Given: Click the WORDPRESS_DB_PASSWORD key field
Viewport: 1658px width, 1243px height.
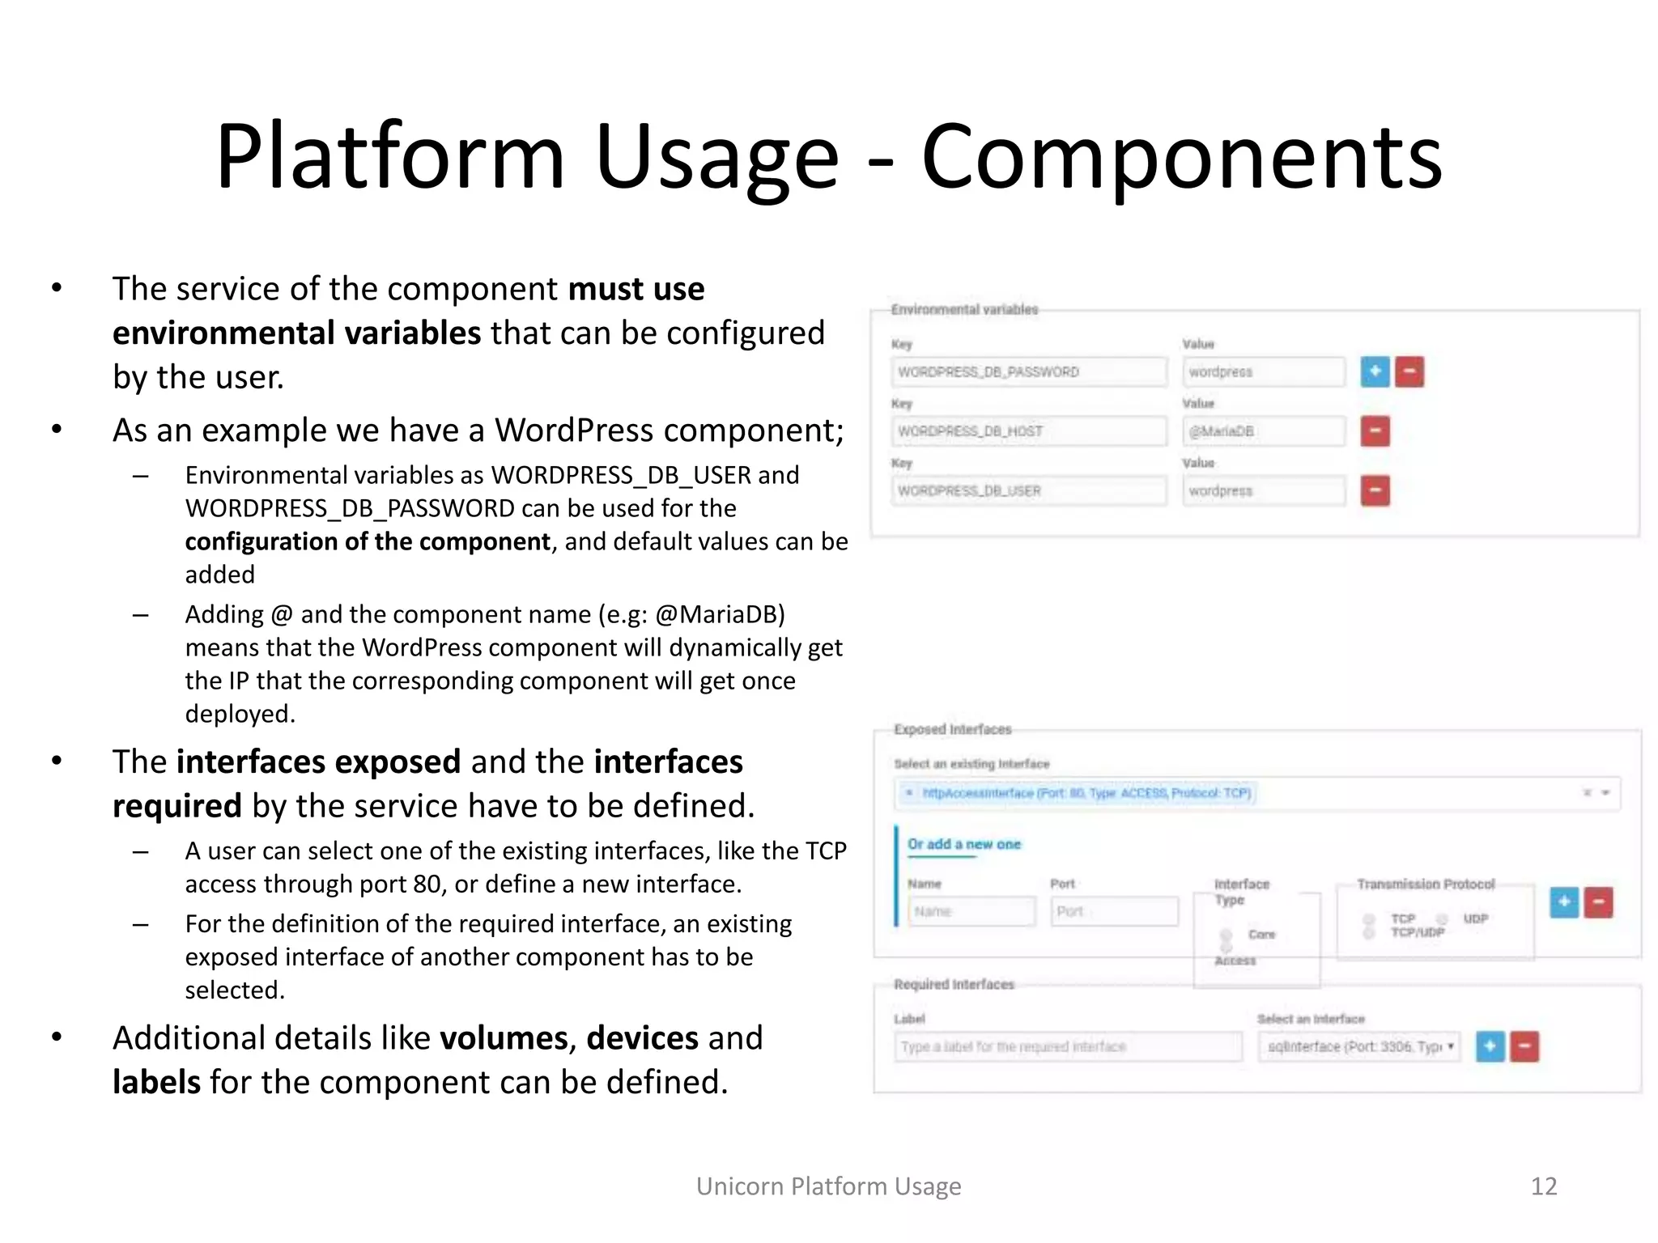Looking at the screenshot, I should (x=1028, y=372).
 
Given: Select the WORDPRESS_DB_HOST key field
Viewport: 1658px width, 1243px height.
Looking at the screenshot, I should (x=1028, y=431).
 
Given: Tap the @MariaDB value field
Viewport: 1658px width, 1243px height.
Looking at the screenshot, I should (x=1262, y=431).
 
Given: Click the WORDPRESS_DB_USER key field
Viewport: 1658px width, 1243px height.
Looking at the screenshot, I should (x=1028, y=491).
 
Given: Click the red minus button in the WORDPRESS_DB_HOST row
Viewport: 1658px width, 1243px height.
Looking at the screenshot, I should (x=1375, y=431).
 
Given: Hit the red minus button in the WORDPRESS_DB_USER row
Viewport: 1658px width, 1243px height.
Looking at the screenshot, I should (x=1375, y=491).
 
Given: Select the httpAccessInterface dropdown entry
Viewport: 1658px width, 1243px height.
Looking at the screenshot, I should (x=1085, y=793).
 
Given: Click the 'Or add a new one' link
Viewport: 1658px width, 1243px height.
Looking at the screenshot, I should (x=963, y=844).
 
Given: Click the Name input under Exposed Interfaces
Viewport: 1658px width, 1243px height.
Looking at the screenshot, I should (x=971, y=911).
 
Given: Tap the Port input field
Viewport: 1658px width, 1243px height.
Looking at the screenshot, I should (x=1114, y=911).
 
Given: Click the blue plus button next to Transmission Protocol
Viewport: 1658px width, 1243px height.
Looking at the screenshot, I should (x=1564, y=902).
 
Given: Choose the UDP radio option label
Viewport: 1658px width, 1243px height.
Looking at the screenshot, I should (x=1475, y=918).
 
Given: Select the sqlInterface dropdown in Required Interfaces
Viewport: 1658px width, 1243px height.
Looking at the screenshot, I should (x=1359, y=1046).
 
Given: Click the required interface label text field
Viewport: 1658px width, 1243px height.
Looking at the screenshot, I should (x=1067, y=1046).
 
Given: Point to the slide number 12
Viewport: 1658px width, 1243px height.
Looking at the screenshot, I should (x=1543, y=1186).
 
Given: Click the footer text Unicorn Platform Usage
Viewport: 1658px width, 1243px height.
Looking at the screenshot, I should (x=828, y=1186).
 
